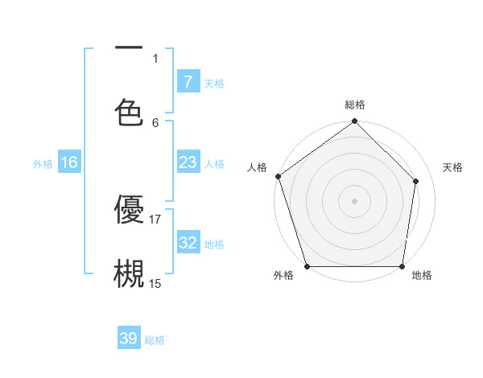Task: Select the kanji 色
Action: [x=129, y=112]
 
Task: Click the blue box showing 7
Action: [x=188, y=81]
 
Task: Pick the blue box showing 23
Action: [x=188, y=162]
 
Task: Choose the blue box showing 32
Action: [x=188, y=243]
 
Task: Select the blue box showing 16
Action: [x=69, y=162]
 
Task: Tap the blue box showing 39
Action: [x=129, y=339]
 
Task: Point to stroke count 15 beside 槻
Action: [x=155, y=283]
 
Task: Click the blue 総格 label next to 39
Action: [x=155, y=340]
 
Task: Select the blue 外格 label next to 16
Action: [x=43, y=163]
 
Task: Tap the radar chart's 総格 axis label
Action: [x=355, y=105]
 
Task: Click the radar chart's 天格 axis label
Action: [x=453, y=167]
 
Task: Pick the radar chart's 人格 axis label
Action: [x=257, y=167]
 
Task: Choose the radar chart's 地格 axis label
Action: [x=422, y=276]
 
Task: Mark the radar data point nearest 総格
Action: [x=355, y=122]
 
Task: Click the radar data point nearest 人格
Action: [x=278, y=176]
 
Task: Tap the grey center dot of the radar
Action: [x=355, y=201]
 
